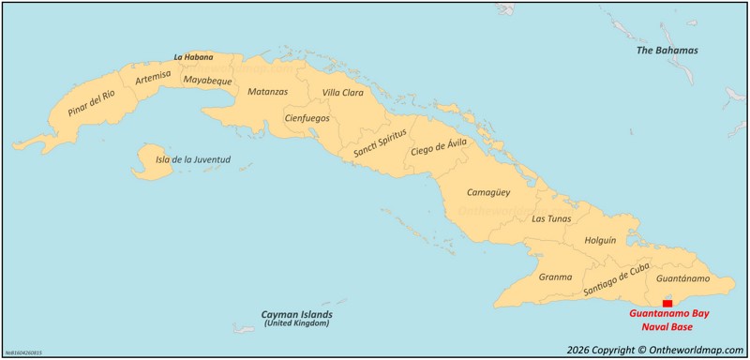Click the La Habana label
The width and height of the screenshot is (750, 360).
[x=193, y=57]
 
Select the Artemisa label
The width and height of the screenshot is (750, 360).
[x=153, y=79]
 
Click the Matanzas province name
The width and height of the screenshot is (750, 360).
[x=267, y=92]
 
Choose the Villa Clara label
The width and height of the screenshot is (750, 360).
[x=342, y=93]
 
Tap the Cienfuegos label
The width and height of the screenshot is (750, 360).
[x=307, y=118]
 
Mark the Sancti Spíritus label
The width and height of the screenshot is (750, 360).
[x=380, y=141]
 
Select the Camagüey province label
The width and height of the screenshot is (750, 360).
[x=488, y=192]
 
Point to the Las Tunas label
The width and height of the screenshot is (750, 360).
[x=550, y=218]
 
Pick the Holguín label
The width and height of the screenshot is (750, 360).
[x=600, y=240]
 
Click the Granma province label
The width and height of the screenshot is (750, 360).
[x=555, y=277]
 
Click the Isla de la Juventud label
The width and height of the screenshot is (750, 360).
[x=192, y=159]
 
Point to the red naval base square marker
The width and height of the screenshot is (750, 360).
[x=667, y=303]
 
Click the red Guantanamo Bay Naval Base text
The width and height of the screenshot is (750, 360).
[x=667, y=319]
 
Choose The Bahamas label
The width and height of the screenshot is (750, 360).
[x=667, y=50]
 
